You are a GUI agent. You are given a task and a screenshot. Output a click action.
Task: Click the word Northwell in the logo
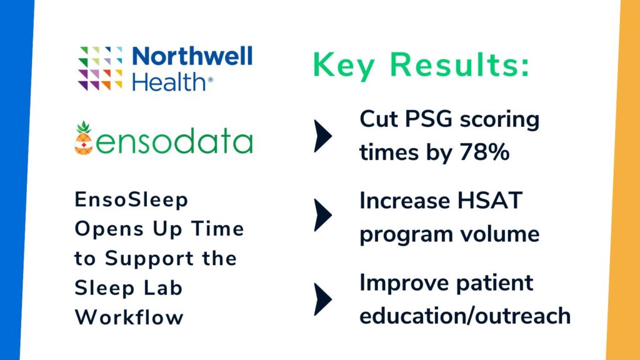click(x=192, y=57)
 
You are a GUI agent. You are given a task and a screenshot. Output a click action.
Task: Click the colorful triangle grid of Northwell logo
click(x=100, y=69)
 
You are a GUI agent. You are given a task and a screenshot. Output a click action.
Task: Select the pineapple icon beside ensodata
click(x=83, y=139)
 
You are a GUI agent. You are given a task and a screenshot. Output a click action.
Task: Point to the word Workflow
click(x=129, y=317)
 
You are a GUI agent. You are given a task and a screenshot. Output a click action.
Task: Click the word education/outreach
click(x=465, y=315)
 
